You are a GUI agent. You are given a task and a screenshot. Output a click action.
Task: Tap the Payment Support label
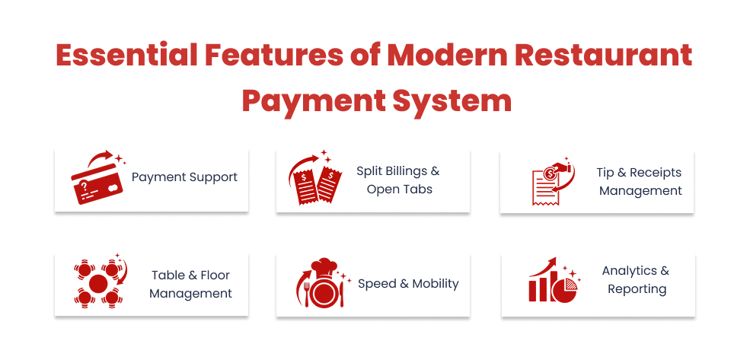tap(184, 177)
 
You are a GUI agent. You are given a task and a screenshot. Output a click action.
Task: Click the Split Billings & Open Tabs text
tap(398, 180)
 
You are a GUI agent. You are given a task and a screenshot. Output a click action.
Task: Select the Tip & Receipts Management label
tap(640, 182)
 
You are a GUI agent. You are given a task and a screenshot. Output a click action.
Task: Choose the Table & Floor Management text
tap(190, 284)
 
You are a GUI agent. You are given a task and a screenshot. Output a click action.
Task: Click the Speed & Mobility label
tap(408, 284)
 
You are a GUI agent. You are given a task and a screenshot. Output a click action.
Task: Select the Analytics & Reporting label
tap(637, 279)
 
